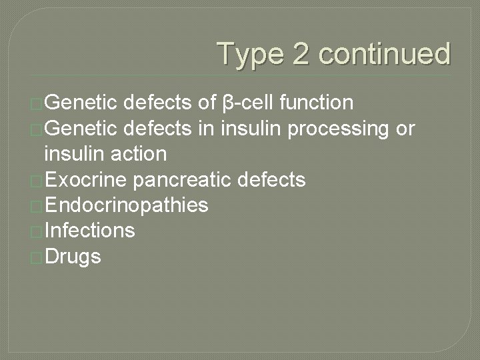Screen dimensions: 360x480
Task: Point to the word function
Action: (317, 103)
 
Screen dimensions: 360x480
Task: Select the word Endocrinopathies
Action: (126, 205)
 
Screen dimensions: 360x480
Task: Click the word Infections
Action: (89, 231)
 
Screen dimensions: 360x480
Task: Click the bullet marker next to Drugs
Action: (37, 257)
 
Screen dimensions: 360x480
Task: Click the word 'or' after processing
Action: (405, 129)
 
